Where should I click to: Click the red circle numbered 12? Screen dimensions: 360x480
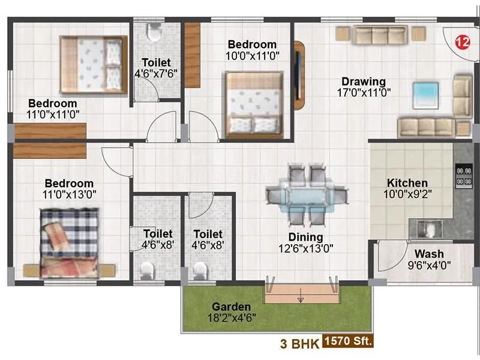461,42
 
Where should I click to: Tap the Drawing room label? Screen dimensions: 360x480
364,82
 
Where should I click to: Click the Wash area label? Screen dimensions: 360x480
430,253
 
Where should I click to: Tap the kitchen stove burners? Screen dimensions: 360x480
463,174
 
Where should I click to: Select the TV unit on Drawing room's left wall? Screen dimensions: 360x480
299,75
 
